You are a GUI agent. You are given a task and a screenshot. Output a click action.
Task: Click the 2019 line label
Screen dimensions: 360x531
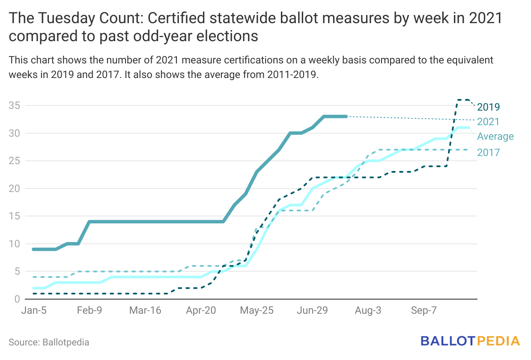489,107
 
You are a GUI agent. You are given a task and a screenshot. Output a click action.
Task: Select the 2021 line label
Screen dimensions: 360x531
489,122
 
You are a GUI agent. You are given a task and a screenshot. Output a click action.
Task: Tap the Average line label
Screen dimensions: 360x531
495,137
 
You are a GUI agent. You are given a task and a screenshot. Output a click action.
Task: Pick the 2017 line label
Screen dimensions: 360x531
489,152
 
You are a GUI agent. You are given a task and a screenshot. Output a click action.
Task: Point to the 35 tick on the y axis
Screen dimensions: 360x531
14,105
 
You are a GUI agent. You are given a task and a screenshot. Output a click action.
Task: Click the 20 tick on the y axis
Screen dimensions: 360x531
14,189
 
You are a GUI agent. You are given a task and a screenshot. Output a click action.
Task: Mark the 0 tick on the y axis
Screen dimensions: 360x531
17,299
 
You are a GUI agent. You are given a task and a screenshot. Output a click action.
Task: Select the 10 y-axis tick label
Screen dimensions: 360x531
14,244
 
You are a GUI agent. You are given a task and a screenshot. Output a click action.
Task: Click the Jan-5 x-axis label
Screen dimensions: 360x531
33,311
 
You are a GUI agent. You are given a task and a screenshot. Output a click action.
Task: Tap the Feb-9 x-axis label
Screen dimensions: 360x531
89,311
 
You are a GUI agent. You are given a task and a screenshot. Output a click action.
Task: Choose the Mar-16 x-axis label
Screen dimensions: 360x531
145,311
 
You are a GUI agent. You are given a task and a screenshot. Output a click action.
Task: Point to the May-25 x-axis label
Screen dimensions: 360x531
257,311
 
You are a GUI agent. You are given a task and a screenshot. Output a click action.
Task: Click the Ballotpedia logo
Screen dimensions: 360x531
470,341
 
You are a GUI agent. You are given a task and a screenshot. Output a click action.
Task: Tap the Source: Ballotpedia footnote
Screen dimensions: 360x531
49,342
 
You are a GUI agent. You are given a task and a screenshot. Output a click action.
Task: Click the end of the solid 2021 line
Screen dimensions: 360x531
346,116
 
